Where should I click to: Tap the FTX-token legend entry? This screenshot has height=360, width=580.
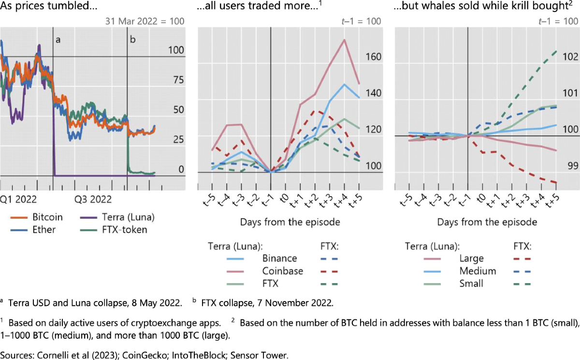[x=119, y=230]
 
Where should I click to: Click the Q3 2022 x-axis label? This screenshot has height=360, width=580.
[x=93, y=199]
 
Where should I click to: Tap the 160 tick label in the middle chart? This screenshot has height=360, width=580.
[x=374, y=57]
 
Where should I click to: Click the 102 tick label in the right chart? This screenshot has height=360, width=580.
[x=570, y=57]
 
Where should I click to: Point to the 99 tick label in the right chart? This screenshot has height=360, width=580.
[x=572, y=166]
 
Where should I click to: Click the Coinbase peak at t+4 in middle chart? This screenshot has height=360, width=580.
[x=344, y=40]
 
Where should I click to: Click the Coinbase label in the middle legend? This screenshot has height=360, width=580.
[x=282, y=271]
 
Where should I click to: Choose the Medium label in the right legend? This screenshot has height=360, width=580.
[x=478, y=271]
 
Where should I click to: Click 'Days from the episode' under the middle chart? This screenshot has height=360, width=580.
[x=290, y=222]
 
